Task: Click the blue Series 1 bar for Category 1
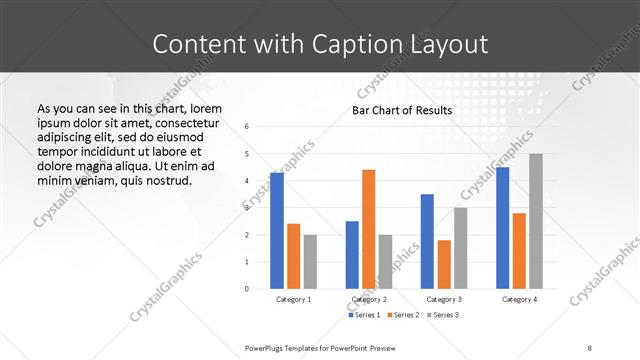(277, 230)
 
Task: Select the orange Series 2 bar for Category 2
(368, 228)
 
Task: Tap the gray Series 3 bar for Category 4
(536, 221)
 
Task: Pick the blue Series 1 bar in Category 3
(427, 241)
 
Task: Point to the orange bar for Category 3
(444, 264)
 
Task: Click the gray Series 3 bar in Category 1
(310, 261)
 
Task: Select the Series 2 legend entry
(402, 316)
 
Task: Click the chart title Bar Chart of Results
(401, 110)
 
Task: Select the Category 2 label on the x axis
(368, 299)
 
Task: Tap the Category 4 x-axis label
(519, 299)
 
